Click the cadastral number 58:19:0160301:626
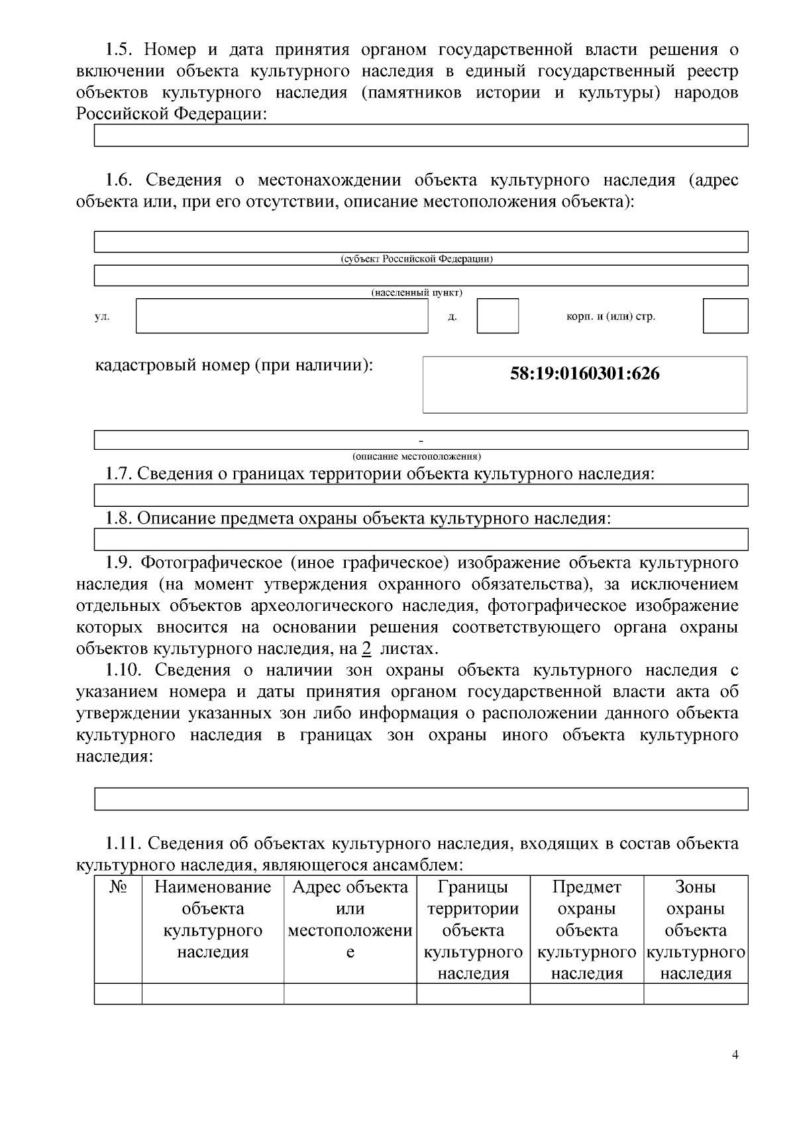click(x=584, y=374)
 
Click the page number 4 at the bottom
click(x=735, y=1055)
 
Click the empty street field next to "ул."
click(x=282, y=316)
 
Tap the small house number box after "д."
click(x=498, y=316)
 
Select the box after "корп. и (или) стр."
click(x=725, y=316)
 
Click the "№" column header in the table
click(x=118, y=887)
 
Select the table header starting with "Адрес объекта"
click(x=350, y=887)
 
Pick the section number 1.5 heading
click(x=120, y=50)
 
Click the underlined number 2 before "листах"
click(x=366, y=649)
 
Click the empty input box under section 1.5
click(x=421, y=135)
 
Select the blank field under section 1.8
click(x=421, y=539)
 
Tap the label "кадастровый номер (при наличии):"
click(x=233, y=365)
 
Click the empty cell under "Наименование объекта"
click(x=213, y=993)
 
